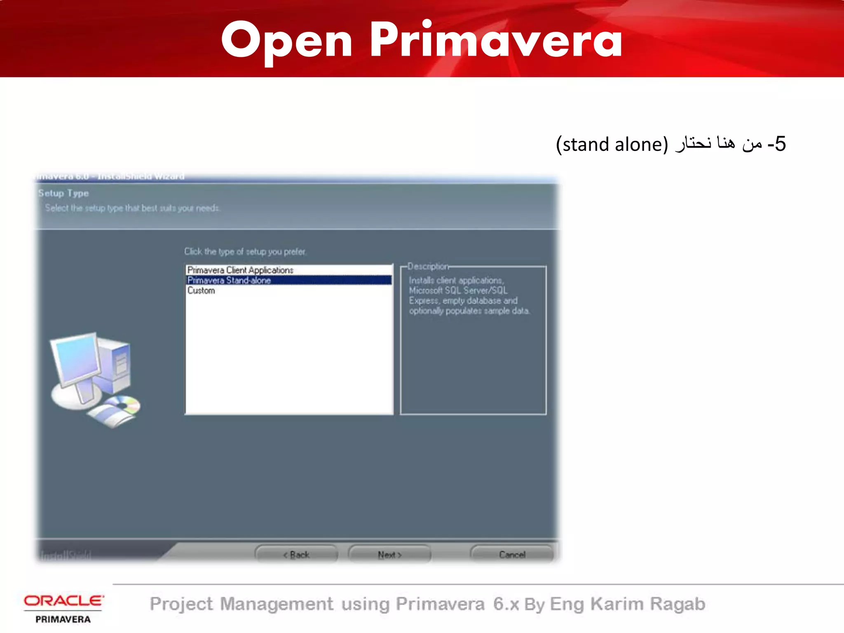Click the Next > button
[x=389, y=555]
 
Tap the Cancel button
[x=512, y=555]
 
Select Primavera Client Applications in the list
[x=240, y=270]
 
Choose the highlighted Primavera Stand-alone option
[x=229, y=280]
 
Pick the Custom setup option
[x=201, y=291]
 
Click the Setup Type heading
[x=63, y=193]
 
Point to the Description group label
[x=428, y=266]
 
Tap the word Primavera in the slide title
[x=496, y=40]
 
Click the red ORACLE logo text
[x=63, y=601]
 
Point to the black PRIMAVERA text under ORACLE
[x=63, y=619]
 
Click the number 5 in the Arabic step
[x=780, y=144]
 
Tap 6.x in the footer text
[x=506, y=604]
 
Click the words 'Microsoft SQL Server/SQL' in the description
[x=458, y=291]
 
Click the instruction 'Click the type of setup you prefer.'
[x=245, y=251]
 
